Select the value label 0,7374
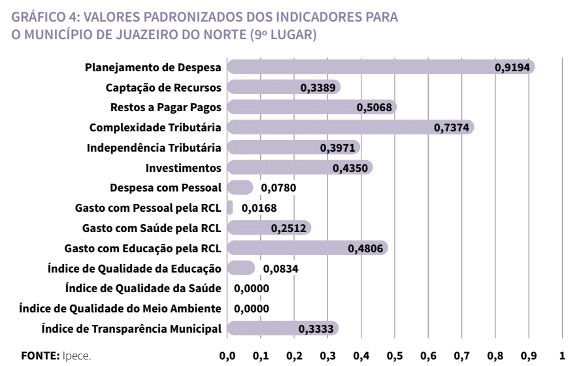[452, 127]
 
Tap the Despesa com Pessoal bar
[239, 188]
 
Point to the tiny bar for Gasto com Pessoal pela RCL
[230, 208]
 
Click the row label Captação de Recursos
[163, 87]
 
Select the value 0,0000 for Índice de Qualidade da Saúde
[251, 288]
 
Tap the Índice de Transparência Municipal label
[131, 329]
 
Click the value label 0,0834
[280, 268]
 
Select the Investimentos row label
[184, 168]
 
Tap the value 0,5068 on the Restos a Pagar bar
[374, 107]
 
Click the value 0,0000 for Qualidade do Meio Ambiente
[251, 308]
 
